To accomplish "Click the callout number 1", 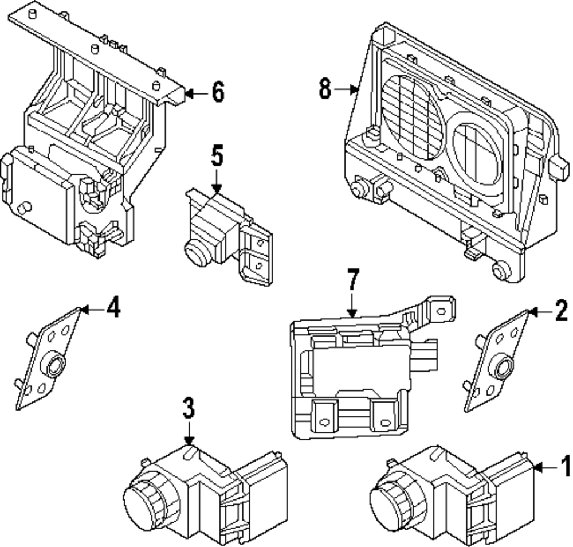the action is coord(566,466).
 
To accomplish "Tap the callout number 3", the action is coord(189,408).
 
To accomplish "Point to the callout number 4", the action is coord(113,307).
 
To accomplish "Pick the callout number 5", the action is coord(217,155).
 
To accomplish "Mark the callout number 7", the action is coord(352,280).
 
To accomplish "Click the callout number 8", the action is coord(325,88).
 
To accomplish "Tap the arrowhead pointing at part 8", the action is coord(354,89).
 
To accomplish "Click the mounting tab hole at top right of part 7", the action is coord(441,312).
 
